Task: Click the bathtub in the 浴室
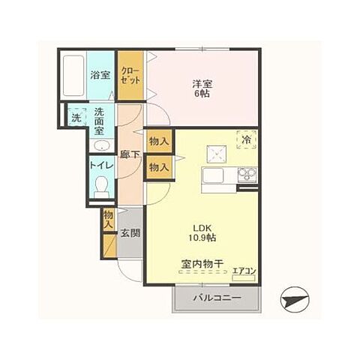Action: (73, 76)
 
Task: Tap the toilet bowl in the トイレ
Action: (101, 186)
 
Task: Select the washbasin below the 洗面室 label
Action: (102, 145)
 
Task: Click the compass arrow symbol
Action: (295, 299)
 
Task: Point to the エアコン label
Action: (244, 271)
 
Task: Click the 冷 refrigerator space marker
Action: (246, 139)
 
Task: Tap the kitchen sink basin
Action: (213, 175)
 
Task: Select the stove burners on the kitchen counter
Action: (247, 174)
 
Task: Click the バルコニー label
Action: (217, 298)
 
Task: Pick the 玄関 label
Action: (130, 233)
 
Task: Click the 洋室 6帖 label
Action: (202, 88)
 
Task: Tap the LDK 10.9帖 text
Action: (202, 232)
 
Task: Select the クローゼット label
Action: (130, 76)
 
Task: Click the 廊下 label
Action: (130, 154)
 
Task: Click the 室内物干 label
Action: (202, 263)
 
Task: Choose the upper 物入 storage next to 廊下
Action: (159, 141)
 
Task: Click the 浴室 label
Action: (100, 75)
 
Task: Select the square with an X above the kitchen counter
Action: (217, 154)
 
